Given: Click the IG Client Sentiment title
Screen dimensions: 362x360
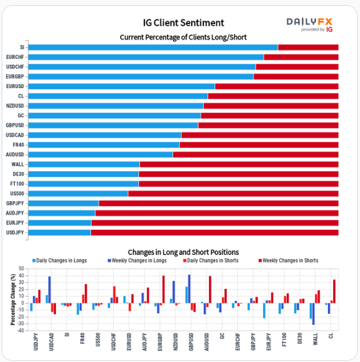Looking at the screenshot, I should click(183, 23).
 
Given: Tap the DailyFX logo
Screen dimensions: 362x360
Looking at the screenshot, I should click(308, 23).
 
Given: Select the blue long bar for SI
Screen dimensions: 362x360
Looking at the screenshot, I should click(153, 47).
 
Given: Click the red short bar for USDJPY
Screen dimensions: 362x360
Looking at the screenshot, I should click(214, 233).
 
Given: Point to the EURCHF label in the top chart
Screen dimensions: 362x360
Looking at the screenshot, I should click(15, 57).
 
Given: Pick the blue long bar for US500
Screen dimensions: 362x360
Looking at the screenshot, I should click(78, 194).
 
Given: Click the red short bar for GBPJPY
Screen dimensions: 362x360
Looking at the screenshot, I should click(218, 204).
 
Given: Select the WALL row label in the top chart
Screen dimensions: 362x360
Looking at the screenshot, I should click(18, 165).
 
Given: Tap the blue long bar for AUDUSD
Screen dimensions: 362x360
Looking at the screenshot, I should click(100, 154).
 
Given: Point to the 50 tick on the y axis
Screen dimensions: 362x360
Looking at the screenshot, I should click(21, 269).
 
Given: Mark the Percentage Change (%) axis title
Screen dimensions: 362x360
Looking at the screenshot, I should click(13, 299).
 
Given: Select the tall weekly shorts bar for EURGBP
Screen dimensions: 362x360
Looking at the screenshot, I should click(163, 289).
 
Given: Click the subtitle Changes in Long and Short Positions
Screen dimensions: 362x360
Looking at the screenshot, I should click(183, 252).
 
